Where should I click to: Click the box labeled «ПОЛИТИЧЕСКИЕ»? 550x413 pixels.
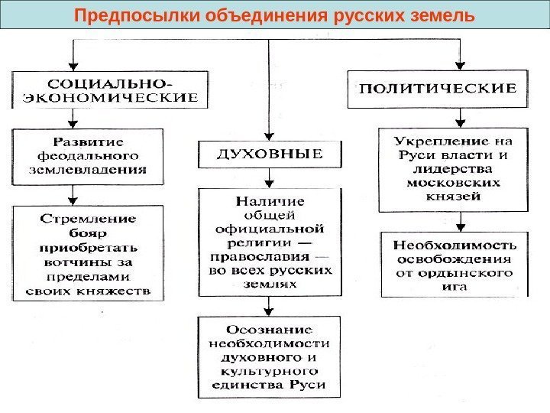point(438,89)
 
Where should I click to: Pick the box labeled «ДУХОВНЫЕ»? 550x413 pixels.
point(270,154)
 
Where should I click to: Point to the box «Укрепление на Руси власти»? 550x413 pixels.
point(454,169)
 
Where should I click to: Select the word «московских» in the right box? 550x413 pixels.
point(454,183)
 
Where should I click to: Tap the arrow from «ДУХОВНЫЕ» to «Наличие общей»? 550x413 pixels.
point(269,179)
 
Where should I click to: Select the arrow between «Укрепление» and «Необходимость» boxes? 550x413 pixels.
point(460,223)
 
